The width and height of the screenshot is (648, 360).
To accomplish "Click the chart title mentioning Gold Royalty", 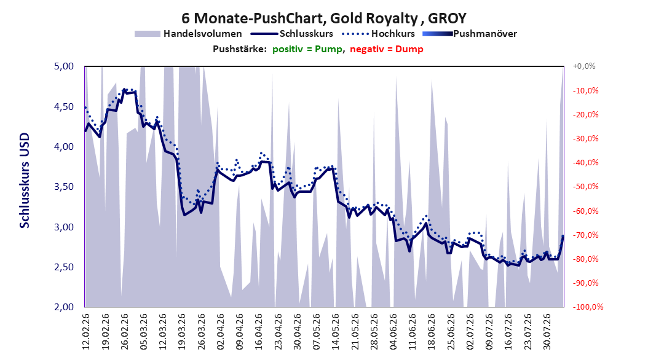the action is tap(324, 18).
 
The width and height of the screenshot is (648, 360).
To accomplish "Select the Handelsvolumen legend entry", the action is tap(188, 34).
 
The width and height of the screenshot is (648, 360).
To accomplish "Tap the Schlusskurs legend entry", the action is tap(292, 34).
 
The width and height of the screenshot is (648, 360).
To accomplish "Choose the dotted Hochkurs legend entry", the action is tap(378, 34).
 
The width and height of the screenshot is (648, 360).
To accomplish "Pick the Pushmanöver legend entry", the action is tap(470, 34).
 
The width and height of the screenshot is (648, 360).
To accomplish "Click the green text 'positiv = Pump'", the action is tap(307, 49).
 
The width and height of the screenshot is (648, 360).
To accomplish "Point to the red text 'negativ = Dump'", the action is tap(387, 49).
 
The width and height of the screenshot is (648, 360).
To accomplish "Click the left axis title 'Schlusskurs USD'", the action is tap(25, 181).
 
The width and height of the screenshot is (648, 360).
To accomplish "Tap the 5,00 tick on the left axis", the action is tap(64, 66).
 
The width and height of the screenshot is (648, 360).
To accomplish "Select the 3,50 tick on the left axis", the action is tap(64, 187).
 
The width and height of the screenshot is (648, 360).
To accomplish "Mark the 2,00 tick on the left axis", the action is tap(64, 307).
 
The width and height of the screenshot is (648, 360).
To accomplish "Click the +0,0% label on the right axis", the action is tap(584, 66).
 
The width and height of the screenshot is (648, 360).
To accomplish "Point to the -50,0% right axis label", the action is tap(585, 187).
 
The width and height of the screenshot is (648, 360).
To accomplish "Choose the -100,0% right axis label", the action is tap(588, 307).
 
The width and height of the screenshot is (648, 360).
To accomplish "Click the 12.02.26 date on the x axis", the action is tap(86, 332).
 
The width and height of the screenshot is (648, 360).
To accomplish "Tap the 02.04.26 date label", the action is tap(220, 332).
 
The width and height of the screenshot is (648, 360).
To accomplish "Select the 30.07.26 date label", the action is tap(547, 332).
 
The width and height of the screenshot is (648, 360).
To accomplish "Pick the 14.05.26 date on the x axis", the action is tap(336, 332).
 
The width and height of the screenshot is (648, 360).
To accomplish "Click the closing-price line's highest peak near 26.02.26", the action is tap(124, 89).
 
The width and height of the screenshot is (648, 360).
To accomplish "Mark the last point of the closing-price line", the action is tap(563, 236).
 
